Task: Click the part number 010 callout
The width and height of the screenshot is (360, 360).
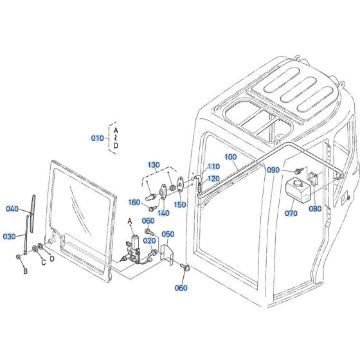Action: click(x=97, y=138)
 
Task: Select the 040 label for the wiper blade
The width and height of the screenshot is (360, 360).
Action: click(x=12, y=208)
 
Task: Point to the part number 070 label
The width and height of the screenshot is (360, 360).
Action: click(x=291, y=213)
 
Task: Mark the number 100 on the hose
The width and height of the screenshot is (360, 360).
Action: click(x=231, y=157)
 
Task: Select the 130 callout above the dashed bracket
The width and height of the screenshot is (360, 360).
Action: click(x=152, y=165)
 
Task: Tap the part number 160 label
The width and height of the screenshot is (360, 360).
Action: click(x=134, y=203)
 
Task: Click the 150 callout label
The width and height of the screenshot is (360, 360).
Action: click(x=181, y=204)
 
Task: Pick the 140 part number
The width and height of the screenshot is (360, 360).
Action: click(x=165, y=213)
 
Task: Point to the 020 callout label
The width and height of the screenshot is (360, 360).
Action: click(x=149, y=240)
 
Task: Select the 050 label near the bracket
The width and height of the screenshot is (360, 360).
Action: click(x=168, y=234)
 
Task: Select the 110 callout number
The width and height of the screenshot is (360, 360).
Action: click(x=213, y=166)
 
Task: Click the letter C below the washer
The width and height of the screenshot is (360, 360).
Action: click(x=43, y=263)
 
